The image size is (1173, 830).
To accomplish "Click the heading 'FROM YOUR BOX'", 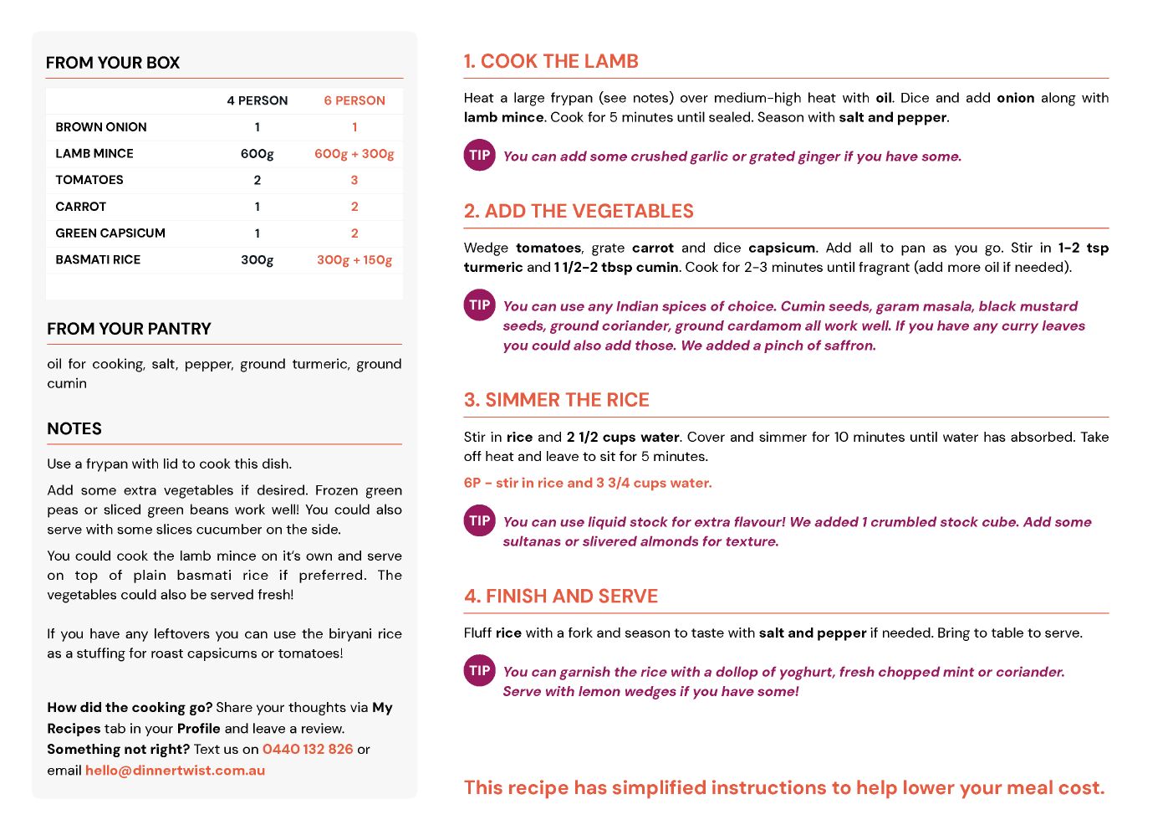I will click(x=113, y=63).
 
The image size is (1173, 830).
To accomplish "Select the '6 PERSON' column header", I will click(x=354, y=100).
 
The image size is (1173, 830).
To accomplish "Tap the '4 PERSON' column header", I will click(x=257, y=100).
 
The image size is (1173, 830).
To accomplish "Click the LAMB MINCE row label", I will click(x=94, y=153).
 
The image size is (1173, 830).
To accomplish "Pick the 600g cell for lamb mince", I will click(x=257, y=153).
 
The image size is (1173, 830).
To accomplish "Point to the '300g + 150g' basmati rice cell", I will click(x=354, y=259).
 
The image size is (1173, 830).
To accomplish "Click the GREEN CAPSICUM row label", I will click(x=110, y=233).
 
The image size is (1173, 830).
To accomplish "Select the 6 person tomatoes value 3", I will click(x=354, y=180).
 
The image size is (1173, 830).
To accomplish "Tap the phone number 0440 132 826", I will click(x=308, y=749).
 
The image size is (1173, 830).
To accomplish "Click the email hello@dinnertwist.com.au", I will click(x=175, y=770).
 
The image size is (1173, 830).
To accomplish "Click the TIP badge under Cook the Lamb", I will click(x=480, y=155).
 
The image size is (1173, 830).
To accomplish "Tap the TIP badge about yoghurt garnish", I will click(x=480, y=670).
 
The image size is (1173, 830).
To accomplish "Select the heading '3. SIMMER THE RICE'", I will click(x=556, y=400).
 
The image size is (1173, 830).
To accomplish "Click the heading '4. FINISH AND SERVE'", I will click(x=561, y=596).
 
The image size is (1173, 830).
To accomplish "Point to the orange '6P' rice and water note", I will click(x=588, y=483).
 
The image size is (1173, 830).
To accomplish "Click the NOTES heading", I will click(x=74, y=428).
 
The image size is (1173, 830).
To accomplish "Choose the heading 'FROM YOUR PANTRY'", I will click(x=129, y=329).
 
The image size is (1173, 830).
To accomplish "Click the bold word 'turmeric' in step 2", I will click(x=493, y=267).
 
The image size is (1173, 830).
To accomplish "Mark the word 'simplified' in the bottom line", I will click(x=659, y=787).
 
